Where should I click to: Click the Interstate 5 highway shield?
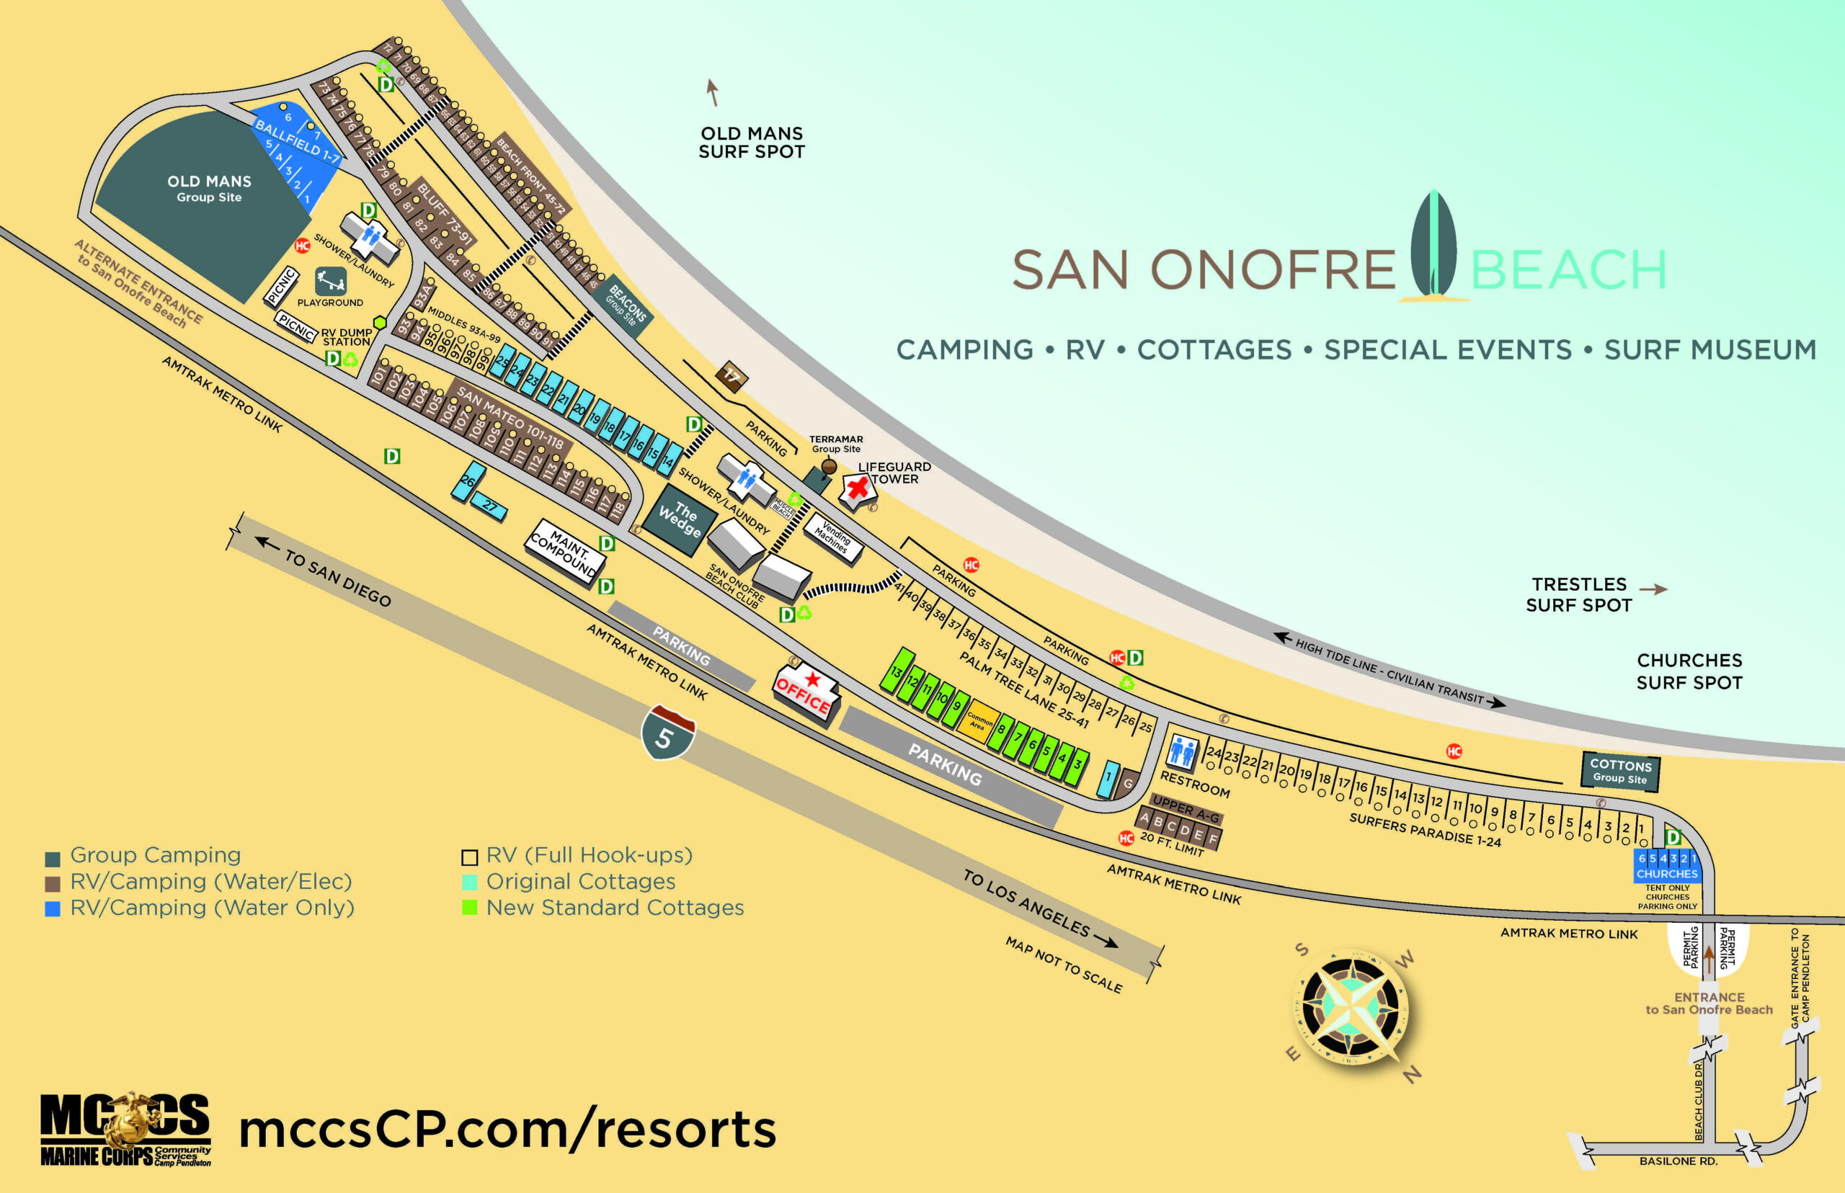[667, 732]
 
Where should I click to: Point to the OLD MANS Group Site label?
[209, 188]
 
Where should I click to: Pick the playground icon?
[330, 280]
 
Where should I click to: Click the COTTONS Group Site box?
[1619, 771]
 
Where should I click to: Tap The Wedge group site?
[680, 519]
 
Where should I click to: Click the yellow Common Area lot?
[979, 721]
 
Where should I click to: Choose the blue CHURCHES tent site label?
[1667, 873]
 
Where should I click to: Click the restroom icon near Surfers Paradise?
[1182, 751]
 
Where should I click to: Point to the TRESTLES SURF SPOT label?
[1578, 594]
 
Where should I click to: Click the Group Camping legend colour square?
[53, 858]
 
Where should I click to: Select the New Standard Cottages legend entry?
[615, 907]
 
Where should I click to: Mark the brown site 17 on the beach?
[731, 377]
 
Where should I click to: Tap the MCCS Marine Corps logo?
[125, 1129]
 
